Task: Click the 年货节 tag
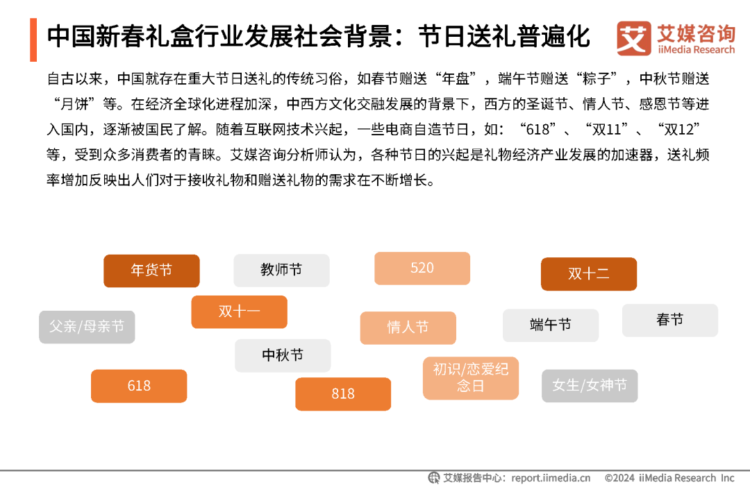tap(151, 271)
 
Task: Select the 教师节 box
tap(281, 270)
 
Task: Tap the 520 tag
tap(422, 268)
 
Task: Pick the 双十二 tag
tap(589, 273)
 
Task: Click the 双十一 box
tap(239, 311)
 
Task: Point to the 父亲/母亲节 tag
tap(87, 326)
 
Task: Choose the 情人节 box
tap(408, 327)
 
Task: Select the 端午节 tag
tap(551, 325)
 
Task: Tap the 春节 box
tap(669, 320)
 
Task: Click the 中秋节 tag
tap(283, 355)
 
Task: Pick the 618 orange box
tap(139, 386)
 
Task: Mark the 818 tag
tap(343, 393)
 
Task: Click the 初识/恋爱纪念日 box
tap(471, 377)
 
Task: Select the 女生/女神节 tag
tap(590, 385)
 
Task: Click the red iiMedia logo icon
tap(633, 38)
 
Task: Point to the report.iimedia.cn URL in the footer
tap(551, 477)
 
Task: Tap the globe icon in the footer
tap(434, 477)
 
